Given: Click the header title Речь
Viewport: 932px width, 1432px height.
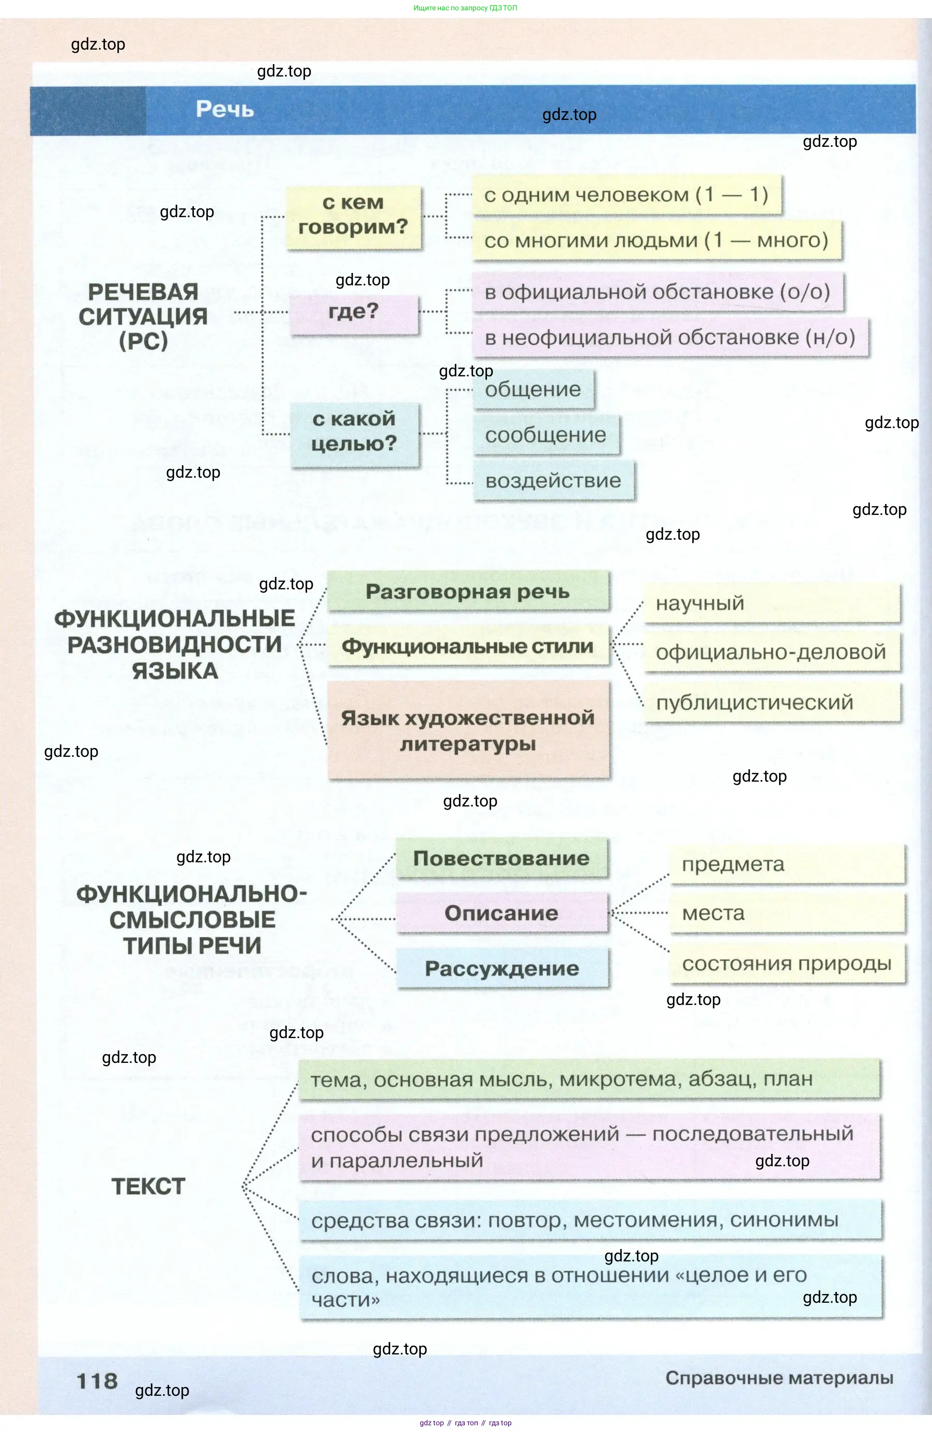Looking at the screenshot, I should [224, 110].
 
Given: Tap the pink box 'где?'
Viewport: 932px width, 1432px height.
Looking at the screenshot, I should [354, 313].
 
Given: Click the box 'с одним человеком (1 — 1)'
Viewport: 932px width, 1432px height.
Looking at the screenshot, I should [626, 195].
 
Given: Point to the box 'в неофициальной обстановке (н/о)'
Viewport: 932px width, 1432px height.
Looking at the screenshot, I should [670, 338].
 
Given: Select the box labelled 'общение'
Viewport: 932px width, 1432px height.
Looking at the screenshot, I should [533, 390].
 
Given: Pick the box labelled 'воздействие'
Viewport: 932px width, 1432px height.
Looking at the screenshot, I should [553, 481].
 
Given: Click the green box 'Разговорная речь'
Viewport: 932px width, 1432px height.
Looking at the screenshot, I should [467, 591].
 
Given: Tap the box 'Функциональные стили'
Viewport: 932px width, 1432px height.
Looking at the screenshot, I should [467, 646].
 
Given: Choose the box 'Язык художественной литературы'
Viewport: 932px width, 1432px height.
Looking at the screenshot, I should [467, 730].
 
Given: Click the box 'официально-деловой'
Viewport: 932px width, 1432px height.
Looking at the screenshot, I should [771, 652].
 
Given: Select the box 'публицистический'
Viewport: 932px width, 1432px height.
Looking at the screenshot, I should [771, 703].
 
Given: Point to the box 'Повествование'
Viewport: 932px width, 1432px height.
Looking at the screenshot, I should [501, 859].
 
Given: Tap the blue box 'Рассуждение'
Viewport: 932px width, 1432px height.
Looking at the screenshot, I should [502, 969].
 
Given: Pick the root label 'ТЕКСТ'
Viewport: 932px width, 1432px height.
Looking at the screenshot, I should [148, 1186].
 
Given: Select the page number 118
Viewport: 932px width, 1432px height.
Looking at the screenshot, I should [97, 1381].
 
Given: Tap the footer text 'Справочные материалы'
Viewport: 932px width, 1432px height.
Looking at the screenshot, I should [778, 1378].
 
